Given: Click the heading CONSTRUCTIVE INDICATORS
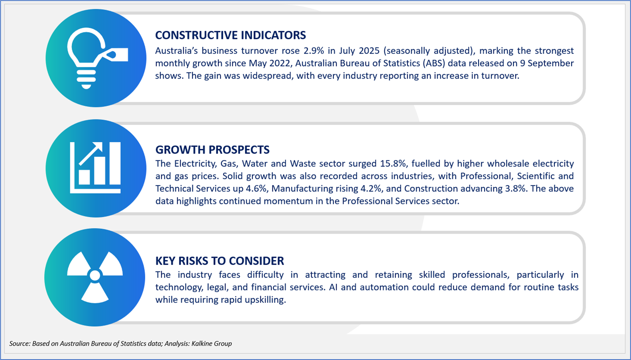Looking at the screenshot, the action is (230, 35).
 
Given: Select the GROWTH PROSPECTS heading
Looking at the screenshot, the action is (212, 150).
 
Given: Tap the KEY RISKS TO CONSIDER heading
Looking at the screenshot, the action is (220, 261).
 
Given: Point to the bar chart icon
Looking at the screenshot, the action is (95, 168).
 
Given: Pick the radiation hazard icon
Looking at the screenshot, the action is (95, 277).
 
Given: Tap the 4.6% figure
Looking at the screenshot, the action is (256, 188).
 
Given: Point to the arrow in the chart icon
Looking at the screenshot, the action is (91, 153).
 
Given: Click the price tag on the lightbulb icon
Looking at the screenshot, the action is (115, 55).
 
